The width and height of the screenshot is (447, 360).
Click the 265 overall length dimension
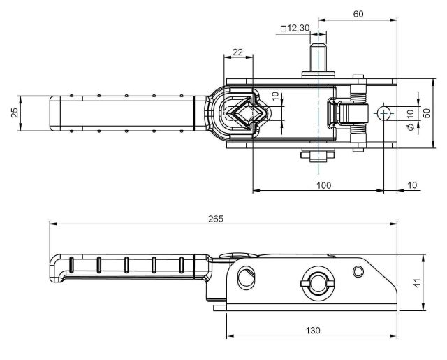[x=215, y=219]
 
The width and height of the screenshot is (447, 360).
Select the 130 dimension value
[x=312, y=329]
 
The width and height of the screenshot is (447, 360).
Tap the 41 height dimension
[x=416, y=283]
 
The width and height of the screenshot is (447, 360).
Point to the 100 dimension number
[x=323, y=185]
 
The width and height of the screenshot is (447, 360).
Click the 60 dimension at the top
[x=358, y=14]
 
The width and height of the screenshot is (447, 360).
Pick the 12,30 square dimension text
[x=298, y=28]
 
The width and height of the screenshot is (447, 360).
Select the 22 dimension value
[x=237, y=52]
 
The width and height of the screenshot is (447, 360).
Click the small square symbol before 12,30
[x=283, y=29]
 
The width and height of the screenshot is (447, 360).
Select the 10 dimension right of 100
[x=411, y=185]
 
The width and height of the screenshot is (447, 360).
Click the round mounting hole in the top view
[x=383, y=113]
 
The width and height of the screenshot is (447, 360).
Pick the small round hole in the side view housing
[x=358, y=271]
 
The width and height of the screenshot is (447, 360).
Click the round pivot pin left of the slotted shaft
[x=246, y=278]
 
